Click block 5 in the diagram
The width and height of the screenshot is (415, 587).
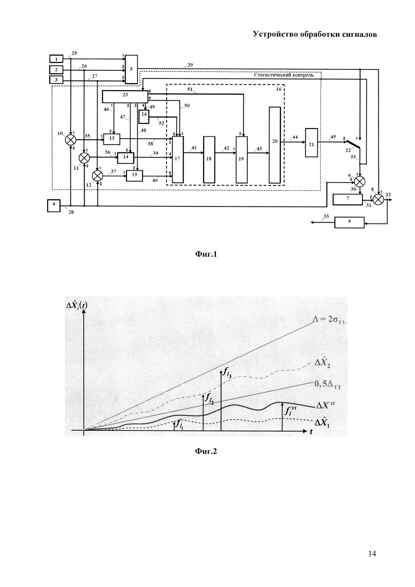tap(131, 69)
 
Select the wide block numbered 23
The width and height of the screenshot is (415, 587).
tap(125, 97)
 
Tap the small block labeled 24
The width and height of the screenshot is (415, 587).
tap(144, 117)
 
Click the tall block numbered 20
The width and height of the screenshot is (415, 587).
tap(275, 145)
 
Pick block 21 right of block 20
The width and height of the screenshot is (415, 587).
tap(311, 143)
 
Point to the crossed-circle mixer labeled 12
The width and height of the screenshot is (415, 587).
tap(97, 176)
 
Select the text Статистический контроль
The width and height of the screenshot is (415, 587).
tap(284, 75)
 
